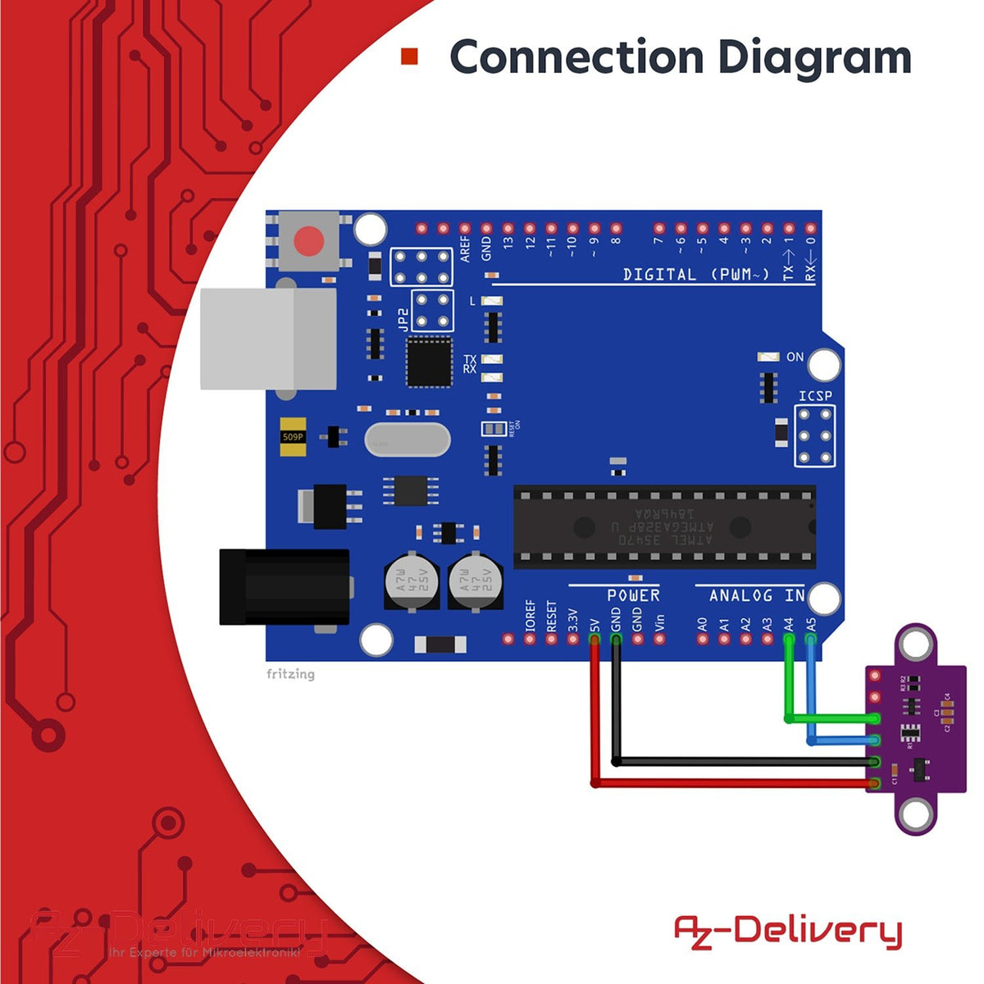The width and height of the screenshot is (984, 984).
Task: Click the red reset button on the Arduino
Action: click(308, 241)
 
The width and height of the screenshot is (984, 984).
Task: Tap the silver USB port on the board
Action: click(269, 339)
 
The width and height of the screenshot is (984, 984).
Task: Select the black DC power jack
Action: click(284, 587)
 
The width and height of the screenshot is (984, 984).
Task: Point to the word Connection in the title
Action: click(576, 57)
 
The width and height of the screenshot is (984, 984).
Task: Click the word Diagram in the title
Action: click(814, 57)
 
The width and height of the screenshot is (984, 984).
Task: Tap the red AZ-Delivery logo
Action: click(787, 932)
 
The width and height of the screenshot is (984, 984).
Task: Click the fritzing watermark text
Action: click(290, 674)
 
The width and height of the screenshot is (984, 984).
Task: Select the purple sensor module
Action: click(916, 731)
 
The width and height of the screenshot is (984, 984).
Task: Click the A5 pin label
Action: click(810, 623)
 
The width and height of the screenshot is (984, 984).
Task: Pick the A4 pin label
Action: click(789, 623)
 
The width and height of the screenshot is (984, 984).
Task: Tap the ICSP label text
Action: click(815, 396)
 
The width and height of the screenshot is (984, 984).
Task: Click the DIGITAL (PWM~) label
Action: click(696, 275)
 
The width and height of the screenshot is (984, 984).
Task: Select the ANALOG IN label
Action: click(756, 595)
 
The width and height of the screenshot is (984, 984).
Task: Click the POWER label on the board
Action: click(633, 595)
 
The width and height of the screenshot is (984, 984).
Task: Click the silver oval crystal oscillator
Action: click(408, 440)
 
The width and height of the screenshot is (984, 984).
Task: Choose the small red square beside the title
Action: click(409, 57)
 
